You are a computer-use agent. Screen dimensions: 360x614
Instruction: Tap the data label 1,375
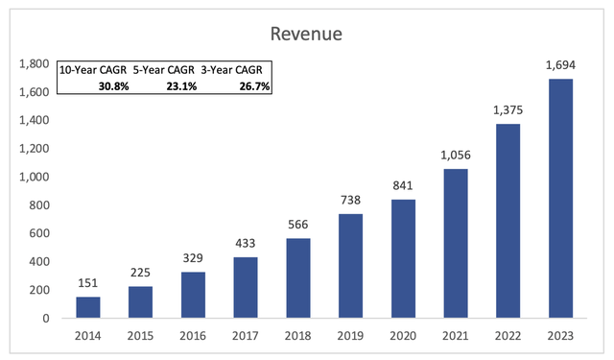(509, 113)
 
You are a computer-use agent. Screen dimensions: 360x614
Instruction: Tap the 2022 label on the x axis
(509, 337)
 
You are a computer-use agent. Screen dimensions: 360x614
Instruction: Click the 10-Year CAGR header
(92, 70)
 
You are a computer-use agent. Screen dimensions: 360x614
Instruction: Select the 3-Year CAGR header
(235, 70)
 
